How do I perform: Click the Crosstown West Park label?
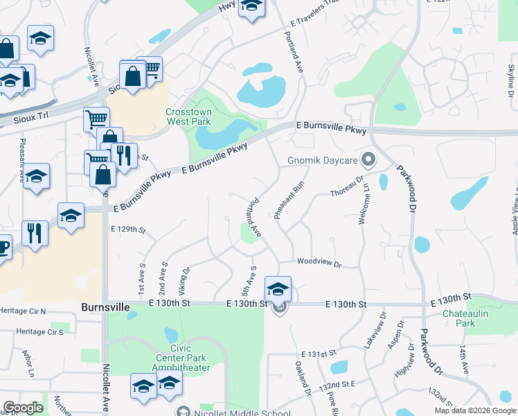click(x=188, y=116)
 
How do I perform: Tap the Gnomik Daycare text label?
click(x=322, y=161)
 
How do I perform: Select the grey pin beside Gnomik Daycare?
click(x=368, y=160)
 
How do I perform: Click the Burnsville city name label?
click(x=106, y=306)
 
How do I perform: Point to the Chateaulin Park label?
click(x=469, y=318)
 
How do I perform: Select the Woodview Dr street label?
click(x=319, y=262)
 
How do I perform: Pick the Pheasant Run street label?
click(x=289, y=200)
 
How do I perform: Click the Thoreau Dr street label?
click(x=347, y=186)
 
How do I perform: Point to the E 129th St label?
click(x=128, y=229)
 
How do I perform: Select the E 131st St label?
click(x=307, y=354)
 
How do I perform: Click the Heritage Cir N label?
click(x=23, y=311)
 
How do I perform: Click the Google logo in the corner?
click(x=23, y=408)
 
